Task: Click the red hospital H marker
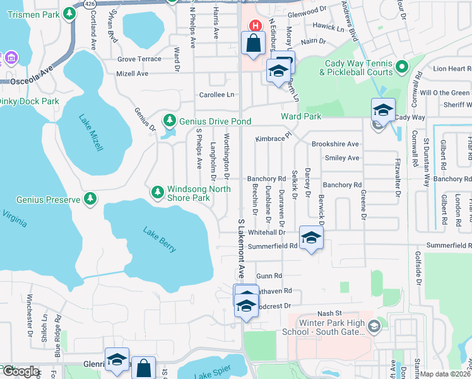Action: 255,26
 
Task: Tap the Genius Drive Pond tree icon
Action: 169,120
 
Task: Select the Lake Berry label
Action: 160,240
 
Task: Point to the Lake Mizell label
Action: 91,133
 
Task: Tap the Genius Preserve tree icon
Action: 90,199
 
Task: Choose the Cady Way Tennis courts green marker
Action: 401,68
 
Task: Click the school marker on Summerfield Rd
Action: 311,238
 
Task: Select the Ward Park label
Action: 301,116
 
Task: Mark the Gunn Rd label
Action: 269,276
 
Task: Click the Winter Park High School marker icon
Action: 374,326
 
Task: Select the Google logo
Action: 21,371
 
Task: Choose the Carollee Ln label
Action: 217,95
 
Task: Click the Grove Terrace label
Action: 139,59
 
